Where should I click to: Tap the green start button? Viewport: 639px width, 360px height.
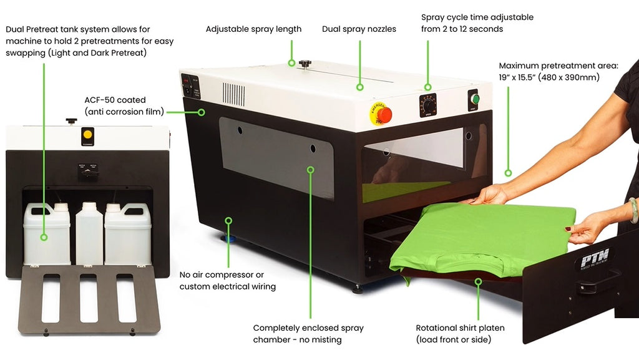coord(475,99)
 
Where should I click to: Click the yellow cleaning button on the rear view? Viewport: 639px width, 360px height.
coord(88,134)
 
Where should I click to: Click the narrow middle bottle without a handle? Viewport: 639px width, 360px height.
coord(89,234)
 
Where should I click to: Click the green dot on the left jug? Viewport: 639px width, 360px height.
coord(44,236)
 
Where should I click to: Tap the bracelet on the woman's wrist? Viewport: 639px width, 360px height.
coord(633,210)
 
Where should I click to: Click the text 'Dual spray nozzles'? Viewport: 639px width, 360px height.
coord(359,29)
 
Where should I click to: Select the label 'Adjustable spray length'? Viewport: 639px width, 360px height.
coord(253,29)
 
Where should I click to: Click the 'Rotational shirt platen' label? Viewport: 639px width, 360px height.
coord(460,328)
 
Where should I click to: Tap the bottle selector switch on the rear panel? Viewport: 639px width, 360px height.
coord(88,170)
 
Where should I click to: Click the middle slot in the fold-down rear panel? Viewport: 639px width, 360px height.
coord(89,298)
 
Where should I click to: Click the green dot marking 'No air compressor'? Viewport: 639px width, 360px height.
coord(228,220)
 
